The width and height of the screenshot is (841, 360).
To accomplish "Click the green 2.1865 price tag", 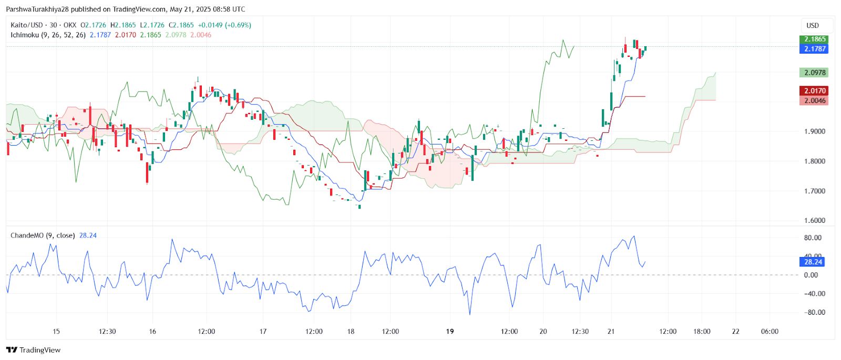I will pos(813,39).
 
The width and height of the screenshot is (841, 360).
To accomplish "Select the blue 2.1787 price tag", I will pos(813,49).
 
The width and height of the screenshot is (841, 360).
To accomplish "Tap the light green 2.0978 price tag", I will pos(813,73).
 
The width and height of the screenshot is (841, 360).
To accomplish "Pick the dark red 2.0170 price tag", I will pos(813,91).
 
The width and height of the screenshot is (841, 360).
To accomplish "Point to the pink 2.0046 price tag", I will pos(813,100).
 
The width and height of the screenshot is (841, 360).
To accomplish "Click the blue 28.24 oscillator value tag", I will pos(813,262).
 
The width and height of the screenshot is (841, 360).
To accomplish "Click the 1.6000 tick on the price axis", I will pos(814,221).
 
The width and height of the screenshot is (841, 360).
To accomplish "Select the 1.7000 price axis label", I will pos(814,191).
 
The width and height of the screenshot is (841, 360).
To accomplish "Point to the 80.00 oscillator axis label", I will pos(812,238).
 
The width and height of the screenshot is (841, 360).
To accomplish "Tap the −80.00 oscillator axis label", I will pos(812,312).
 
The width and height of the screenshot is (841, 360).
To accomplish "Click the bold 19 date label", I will pos(449,332).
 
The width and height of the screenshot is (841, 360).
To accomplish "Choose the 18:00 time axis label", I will pos(702,332).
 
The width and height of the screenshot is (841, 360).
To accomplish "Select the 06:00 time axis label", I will pos(770,332).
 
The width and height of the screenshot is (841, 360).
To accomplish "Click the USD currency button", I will pos(813,25).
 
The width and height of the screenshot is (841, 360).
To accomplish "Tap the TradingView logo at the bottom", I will pos(34,350).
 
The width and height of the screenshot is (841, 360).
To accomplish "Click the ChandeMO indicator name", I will pos(27,235).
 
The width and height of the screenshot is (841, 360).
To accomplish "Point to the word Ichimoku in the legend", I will pos(25,35).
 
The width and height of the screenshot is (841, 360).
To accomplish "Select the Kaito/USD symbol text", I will pos(27,25).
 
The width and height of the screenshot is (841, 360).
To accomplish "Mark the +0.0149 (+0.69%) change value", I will pos(224,25).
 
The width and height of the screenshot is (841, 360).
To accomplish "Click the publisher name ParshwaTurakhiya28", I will pos(38,9).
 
